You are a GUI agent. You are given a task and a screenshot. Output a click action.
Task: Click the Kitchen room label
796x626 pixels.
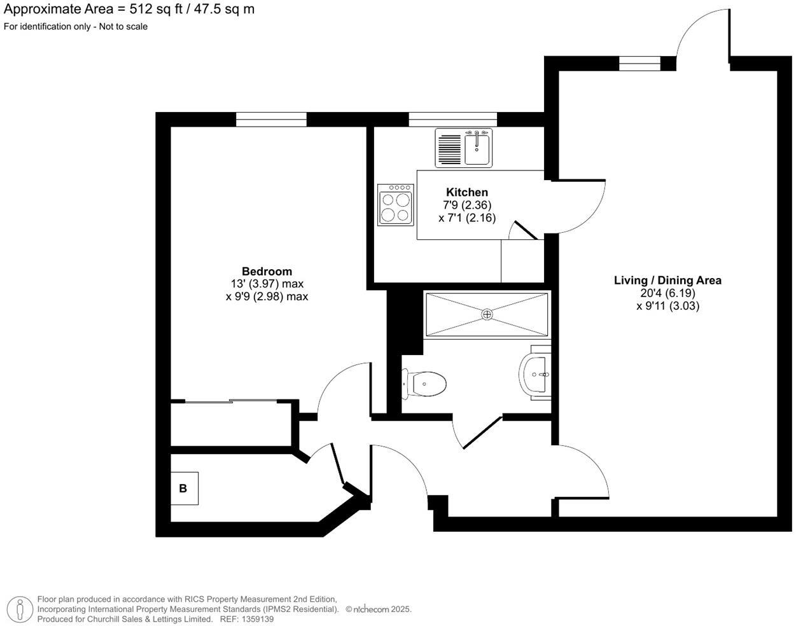pyautogui.click(x=466, y=192)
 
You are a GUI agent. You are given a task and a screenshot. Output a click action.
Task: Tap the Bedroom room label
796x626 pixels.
pyautogui.click(x=267, y=272)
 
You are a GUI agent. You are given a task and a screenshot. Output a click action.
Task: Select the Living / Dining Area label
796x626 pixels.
pyautogui.click(x=667, y=281)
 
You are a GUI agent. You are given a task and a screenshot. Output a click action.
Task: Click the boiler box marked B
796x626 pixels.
pyautogui.click(x=184, y=489)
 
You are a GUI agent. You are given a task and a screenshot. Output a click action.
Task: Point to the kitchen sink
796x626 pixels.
pyautogui.click(x=477, y=148)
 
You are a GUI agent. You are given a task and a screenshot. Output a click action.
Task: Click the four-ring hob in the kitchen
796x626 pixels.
pyautogui.click(x=395, y=205)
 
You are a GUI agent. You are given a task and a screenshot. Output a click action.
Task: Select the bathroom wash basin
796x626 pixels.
pyautogui.click(x=536, y=375)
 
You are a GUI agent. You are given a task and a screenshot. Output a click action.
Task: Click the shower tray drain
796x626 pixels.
pyautogui.click(x=487, y=314)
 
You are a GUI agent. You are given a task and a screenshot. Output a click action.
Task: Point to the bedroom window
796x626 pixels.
pyautogui.click(x=271, y=119)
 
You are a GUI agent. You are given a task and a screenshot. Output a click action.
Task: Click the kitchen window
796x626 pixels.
pyautogui.click(x=452, y=119)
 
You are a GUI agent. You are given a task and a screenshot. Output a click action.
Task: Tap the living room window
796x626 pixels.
pyautogui.click(x=639, y=63)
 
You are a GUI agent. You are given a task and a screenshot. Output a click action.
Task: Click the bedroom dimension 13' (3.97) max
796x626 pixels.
pyautogui.click(x=267, y=284)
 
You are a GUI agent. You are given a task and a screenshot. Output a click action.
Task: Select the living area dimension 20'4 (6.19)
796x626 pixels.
pyautogui.click(x=667, y=293)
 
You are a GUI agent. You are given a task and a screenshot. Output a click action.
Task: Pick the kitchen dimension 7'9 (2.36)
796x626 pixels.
pyautogui.click(x=466, y=205)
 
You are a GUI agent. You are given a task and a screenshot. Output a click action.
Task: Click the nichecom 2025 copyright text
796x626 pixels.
pyautogui.click(x=379, y=609)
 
